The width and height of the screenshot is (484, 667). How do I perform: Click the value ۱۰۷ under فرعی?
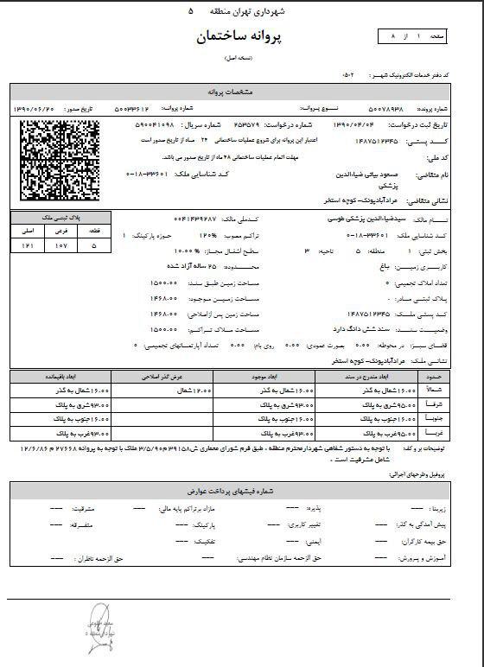click(x=61, y=246)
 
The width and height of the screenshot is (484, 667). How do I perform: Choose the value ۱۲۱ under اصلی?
click(x=27, y=246)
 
